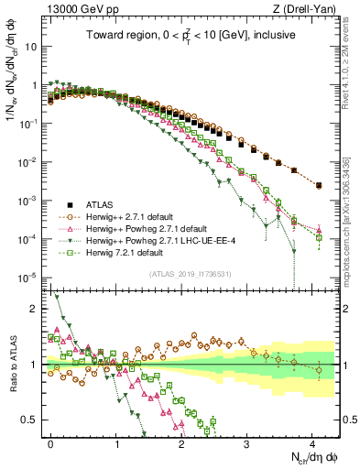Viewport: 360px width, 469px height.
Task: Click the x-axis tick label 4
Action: pyautogui.click(x=312, y=442)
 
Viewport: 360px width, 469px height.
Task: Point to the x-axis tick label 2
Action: pyautogui.click(x=182, y=442)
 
